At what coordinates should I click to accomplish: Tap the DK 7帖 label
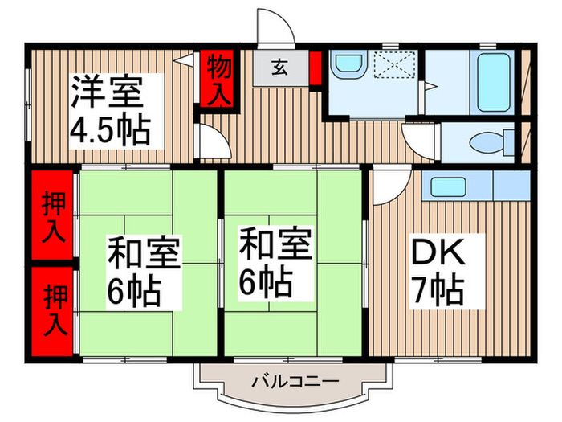pos(438,269)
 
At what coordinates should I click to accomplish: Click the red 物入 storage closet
pos(217,78)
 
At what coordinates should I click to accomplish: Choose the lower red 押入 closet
pos(53,309)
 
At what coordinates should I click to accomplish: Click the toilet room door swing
pos(417,139)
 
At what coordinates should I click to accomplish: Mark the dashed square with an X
pos(394,68)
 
